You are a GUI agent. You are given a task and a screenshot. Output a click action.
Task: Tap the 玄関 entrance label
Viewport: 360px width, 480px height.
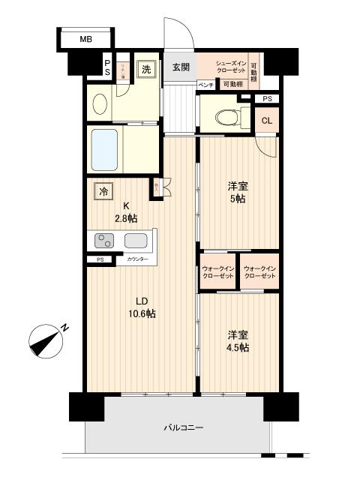pyautogui.click(x=180, y=67)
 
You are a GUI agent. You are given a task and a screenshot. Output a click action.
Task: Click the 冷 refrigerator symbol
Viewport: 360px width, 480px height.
pyautogui.click(x=103, y=191)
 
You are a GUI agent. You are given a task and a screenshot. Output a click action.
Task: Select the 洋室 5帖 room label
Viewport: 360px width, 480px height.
pyautogui.click(x=238, y=192)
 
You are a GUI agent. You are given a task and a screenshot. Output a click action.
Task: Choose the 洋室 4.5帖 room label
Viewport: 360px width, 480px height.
pyautogui.click(x=237, y=341)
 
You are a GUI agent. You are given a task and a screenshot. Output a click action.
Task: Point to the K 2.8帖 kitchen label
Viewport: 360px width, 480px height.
pyautogui.click(x=126, y=212)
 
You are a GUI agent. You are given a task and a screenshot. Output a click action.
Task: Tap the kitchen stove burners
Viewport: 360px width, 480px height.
pyautogui.click(x=103, y=241)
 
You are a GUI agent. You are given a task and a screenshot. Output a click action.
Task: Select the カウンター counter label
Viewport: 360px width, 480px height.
pyautogui.click(x=136, y=259)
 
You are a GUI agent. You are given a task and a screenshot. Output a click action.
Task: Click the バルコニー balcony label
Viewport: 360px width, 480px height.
pyautogui.click(x=184, y=427)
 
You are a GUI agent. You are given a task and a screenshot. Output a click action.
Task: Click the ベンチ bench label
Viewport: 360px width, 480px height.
pyautogui.click(x=206, y=85)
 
